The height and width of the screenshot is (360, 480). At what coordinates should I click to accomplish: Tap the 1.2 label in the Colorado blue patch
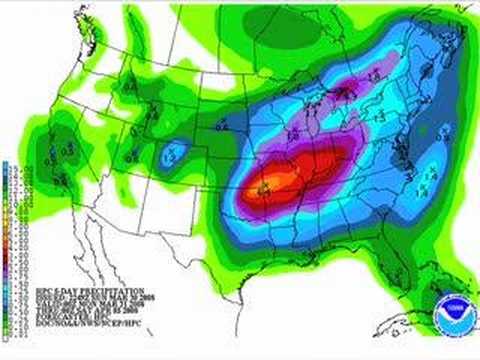coord(169,157)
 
